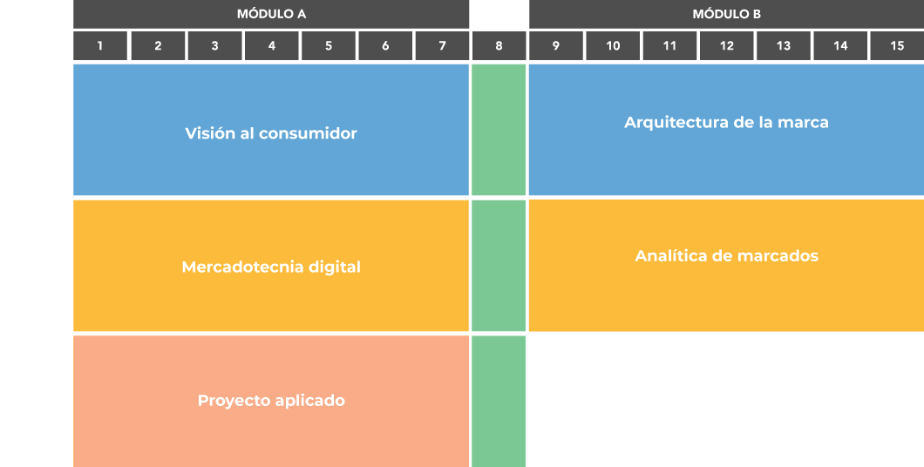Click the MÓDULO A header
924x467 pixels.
271,14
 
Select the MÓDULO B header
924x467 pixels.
726,14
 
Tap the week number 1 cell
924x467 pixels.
100,46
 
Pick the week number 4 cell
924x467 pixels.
272,46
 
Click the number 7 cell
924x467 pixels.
442,46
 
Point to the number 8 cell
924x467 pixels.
499,46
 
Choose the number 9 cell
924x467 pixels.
556,46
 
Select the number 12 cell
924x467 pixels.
726,46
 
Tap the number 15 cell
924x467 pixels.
897,46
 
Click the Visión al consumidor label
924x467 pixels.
271,133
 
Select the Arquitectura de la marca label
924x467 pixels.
726,123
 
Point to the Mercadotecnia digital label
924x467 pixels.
271,267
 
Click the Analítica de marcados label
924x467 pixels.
726,256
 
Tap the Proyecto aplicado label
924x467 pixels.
271,401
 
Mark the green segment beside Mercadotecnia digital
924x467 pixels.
499,266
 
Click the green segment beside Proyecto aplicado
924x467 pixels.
499,401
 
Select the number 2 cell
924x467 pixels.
158,46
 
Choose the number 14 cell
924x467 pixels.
840,46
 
